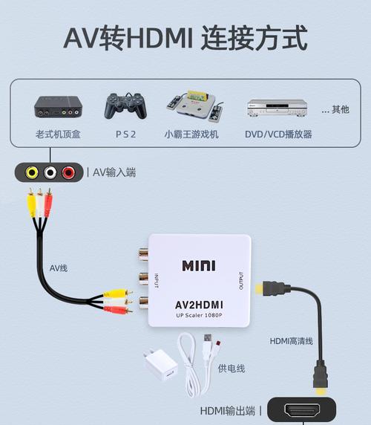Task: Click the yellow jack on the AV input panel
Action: (x=32, y=172)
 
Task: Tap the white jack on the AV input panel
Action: (x=50, y=172)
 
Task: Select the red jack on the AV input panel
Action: (x=68, y=172)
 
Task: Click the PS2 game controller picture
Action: (x=126, y=106)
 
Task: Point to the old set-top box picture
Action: (x=58, y=106)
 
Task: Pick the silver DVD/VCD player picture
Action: (x=278, y=108)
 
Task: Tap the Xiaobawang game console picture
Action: (x=195, y=106)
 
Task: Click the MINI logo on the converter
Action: (x=199, y=266)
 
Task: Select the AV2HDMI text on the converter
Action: (x=199, y=305)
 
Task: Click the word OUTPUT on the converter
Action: (x=241, y=281)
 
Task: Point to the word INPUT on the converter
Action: (x=156, y=281)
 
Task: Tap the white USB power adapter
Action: (x=161, y=365)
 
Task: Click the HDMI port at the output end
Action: (x=302, y=411)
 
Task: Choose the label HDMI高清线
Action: (x=292, y=341)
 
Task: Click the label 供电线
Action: (x=232, y=369)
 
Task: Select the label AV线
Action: (x=59, y=268)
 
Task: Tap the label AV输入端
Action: (x=114, y=172)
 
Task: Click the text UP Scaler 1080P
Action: (x=199, y=315)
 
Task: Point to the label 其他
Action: (x=341, y=109)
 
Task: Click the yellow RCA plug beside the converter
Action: (x=118, y=293)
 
